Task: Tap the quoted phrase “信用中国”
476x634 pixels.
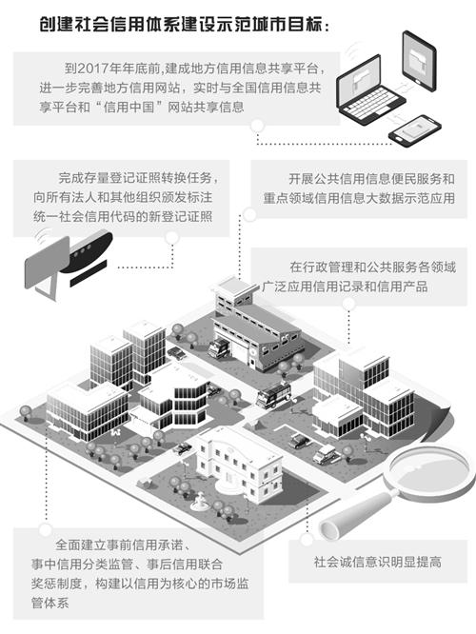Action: click(129, 107)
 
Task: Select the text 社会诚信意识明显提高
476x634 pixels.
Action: click(377, 562)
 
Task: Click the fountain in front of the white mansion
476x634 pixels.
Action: click(201, 501)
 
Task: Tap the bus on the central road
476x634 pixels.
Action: click(274, 393)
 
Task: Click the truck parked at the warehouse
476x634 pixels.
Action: click(219, 347)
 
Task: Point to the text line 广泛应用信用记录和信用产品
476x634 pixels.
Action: click(345, 287)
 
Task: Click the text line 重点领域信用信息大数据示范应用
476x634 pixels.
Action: click(359, 198)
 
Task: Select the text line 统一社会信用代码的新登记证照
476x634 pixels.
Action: click(123, 217)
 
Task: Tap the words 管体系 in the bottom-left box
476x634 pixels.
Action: click(50, 603)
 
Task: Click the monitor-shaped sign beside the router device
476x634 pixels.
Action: click(47, 263)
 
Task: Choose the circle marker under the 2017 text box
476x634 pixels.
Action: click(257, 127)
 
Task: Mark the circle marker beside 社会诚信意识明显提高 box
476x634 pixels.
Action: click(307, 539)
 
